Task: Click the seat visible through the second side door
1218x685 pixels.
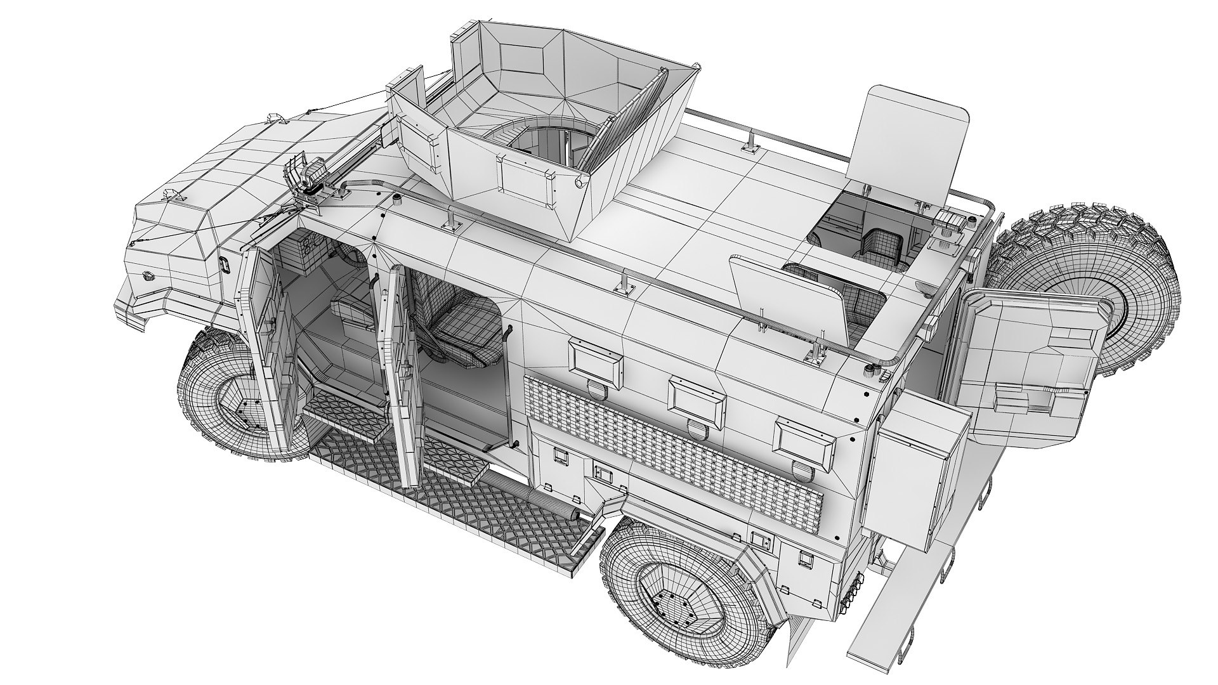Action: click(463, 330)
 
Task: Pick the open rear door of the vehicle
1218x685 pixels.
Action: click(1028, 368)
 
